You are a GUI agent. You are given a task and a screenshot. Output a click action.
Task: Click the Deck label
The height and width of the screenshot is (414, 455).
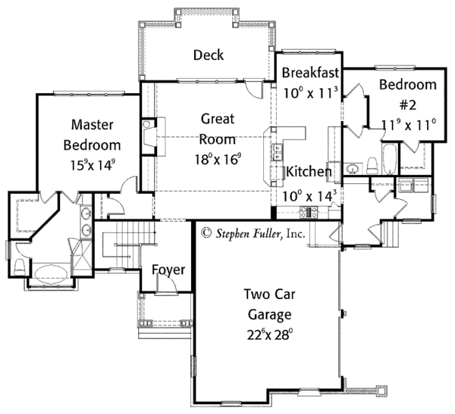tap(209, 55)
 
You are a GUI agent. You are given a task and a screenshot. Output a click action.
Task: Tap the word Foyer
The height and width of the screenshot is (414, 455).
tap(168, 269)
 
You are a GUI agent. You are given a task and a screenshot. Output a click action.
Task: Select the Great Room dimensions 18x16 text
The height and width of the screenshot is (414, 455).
tap(218, 159)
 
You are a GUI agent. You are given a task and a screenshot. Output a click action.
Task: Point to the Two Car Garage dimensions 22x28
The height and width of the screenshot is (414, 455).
tap(269, 335)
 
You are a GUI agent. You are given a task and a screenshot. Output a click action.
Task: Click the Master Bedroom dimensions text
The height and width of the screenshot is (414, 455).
tap(93, 165)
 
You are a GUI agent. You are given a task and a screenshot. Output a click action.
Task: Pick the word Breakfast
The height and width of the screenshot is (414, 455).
tap(310, 73)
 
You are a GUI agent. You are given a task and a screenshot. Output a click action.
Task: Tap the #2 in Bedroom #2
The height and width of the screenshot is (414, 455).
tap(408, 105)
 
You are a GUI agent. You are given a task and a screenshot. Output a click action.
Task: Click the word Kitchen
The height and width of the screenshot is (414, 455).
tap(309, 172)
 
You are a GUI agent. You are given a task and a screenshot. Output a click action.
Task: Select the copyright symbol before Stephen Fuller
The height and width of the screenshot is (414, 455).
tap(206, 232)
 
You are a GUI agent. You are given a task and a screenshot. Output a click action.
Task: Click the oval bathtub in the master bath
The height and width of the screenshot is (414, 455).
tap(51, 273)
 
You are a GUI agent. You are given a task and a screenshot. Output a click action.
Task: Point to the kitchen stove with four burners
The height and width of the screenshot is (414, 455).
tap(309, 212)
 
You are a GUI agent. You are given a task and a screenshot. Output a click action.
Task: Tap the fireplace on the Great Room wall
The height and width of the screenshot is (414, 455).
tap(149, 136)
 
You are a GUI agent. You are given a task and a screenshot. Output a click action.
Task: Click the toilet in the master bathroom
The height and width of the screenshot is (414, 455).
tap(20, 267)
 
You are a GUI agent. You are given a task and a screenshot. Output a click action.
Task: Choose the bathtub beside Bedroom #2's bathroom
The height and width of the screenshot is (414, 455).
tap(389, 159)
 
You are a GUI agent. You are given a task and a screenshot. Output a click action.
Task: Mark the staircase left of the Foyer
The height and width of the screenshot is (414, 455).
tap(127, 244)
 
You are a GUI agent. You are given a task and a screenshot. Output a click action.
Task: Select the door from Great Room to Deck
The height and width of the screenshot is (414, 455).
tap(253, 89)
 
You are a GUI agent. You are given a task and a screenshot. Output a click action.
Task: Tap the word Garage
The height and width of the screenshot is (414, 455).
tap(270, 315)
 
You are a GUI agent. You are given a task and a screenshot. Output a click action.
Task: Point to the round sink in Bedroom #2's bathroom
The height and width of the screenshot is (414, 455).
tap(353, 168)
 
